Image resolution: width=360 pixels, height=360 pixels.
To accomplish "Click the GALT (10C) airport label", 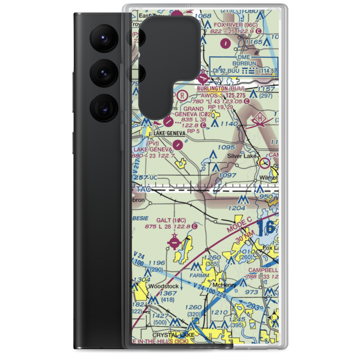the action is pyautogui.click(x=171, y=220).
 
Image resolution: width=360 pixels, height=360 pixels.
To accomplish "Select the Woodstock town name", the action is pyautogui.click(x=163, y=286).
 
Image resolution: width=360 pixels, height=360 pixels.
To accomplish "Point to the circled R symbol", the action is pyautogui.click(x=183, y=95).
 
